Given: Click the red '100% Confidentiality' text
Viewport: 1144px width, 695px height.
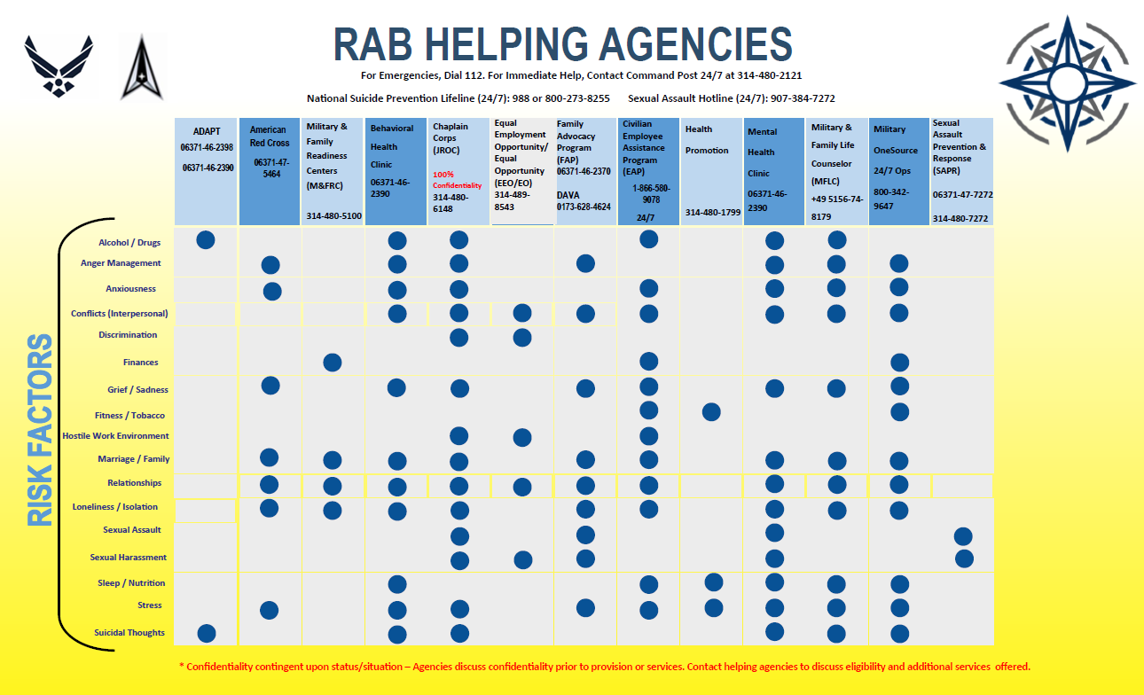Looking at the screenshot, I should (x=457, y=180).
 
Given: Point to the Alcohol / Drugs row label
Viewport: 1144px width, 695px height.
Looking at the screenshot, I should (x=129, y=242).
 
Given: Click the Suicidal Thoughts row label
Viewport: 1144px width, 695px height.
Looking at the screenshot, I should (x=129, y=633).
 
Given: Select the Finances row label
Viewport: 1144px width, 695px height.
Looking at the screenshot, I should (x=140, y=363).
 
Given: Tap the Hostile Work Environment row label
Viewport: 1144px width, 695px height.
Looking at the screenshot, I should (x=115, y=436).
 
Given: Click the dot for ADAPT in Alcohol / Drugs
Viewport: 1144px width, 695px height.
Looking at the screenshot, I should (x=206, y=239).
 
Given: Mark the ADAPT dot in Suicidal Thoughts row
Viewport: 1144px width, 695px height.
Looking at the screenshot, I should (x=207, y=633).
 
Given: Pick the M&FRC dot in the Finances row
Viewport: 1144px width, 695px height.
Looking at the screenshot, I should (x=333, y=362).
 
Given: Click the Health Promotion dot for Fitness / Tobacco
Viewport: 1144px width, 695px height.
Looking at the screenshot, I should (x=711, y=412).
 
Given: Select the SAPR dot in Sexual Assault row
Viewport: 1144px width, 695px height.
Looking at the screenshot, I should (x=963, y=536).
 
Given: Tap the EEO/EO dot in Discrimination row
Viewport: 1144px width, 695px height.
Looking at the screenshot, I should (x=522, y=338).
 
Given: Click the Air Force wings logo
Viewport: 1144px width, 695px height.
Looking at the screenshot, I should (x=59, y=66).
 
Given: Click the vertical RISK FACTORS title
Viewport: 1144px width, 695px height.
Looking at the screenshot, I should (x=41, y=430).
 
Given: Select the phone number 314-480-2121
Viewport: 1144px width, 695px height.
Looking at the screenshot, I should (x=772, y=76).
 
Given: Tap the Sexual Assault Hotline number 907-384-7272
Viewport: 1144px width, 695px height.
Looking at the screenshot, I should (x=805, y=98).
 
